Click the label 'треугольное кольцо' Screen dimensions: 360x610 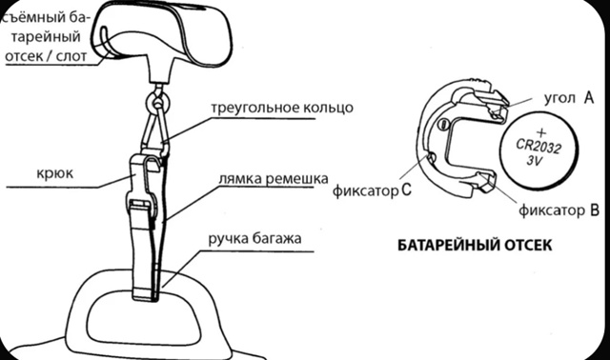pos(281,108)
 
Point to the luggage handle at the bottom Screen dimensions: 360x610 pos(152,314)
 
